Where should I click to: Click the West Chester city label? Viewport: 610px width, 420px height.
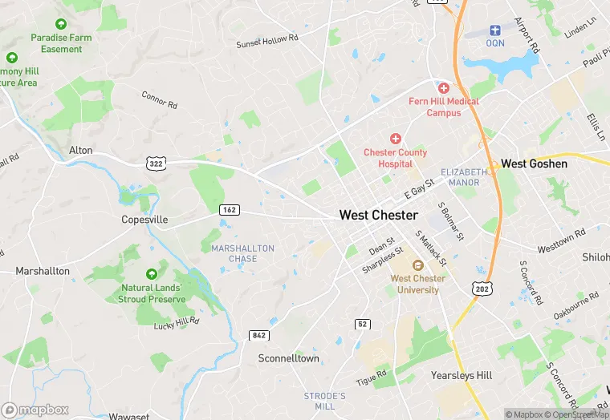(378, 216)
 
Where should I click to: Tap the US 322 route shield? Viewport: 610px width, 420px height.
(156, 164)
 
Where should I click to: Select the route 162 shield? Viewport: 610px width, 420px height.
(230, 209)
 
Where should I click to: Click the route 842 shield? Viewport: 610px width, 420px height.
(258, 335)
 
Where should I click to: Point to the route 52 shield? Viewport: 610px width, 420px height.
(363, 323)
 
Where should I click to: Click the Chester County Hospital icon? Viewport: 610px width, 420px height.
(395, 139)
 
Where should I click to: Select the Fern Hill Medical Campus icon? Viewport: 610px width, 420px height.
(443, 87)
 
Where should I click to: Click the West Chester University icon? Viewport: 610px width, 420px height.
(417, 265)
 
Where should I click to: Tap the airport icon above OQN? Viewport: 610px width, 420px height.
(495, 30)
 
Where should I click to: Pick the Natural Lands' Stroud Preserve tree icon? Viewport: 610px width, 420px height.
(152, 275)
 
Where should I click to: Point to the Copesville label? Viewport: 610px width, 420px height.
(144, 220)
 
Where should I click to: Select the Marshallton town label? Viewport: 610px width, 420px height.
(43, 272)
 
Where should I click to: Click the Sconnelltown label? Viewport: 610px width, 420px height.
(288, 359)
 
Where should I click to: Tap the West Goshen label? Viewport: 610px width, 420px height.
(534, 164)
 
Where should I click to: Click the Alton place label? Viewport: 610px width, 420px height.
(81, 151)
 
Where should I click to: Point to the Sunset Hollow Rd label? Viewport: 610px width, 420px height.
(266, 39)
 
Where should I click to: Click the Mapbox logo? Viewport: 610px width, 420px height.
(36, 410)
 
